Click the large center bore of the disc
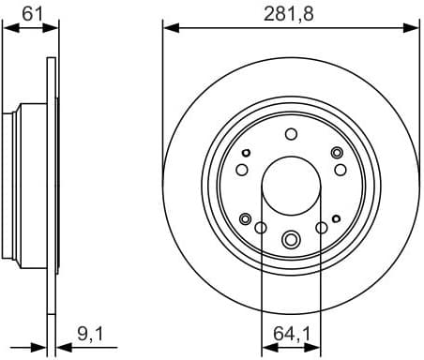291,183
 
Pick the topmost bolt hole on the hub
291,133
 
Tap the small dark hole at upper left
247,152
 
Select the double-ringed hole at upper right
336,153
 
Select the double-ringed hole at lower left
246,218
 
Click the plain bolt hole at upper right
340,170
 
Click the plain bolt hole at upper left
242,170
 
